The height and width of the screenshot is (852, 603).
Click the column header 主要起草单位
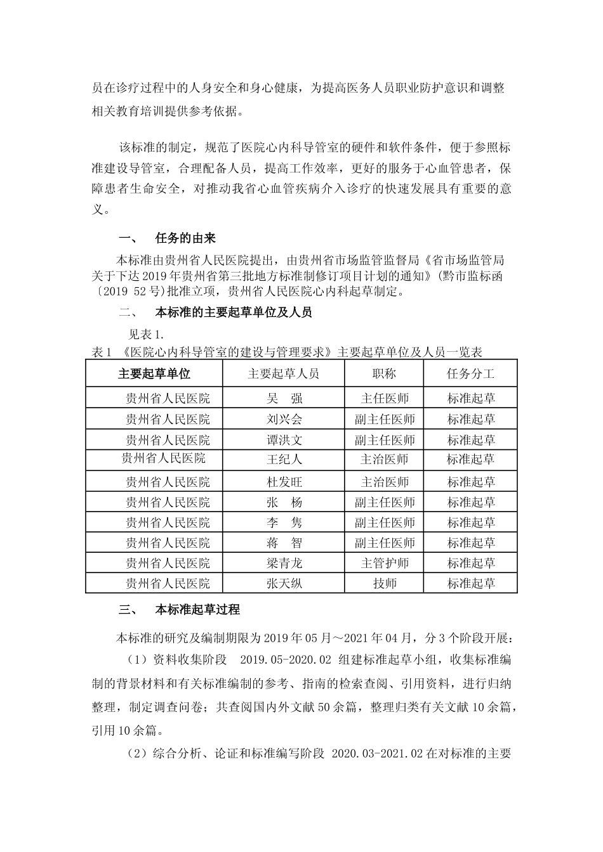[154, 374]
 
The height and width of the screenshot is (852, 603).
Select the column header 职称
[385, 374]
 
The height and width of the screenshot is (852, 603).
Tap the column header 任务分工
[471, 374]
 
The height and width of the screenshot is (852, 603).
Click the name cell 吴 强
[284, 399]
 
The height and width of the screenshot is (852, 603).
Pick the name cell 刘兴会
[284, 420]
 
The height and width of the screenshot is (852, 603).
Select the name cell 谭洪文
[284, 441]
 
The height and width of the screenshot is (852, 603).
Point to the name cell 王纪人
[284, 459]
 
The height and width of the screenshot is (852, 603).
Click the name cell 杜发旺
[284, 482]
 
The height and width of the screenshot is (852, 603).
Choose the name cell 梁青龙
[284, 563]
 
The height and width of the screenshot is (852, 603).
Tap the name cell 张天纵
[284, 583]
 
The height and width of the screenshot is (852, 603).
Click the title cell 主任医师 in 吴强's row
[385, 399]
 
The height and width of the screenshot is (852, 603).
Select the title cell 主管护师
[385, 563]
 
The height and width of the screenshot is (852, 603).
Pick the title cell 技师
[385, 583]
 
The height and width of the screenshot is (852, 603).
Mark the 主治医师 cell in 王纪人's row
[385, 459]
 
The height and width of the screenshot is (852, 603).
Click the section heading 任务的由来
[185, 238]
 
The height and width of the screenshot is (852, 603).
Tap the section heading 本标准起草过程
[197, 610]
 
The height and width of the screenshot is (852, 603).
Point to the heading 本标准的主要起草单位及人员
[234, 313]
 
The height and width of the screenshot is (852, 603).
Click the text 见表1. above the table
[147, 333]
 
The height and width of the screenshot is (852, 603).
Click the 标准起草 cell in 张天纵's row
[471, 583]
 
